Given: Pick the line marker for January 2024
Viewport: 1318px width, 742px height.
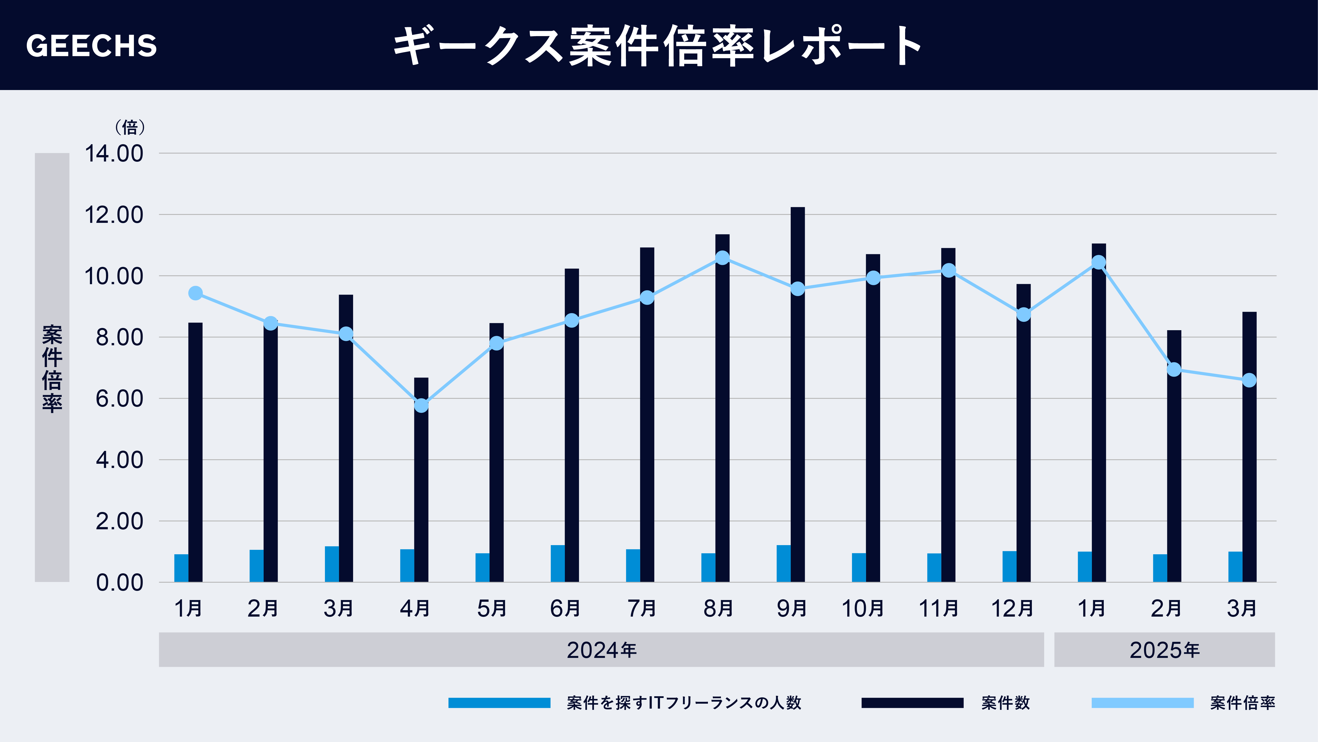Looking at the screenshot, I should [x=195, y=293].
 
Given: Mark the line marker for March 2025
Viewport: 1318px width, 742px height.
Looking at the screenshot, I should [x=1249, y=380].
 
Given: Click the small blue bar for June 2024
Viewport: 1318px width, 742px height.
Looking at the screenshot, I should [x=558, y=563].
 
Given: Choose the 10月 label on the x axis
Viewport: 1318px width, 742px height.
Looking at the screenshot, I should [x=863, y=608].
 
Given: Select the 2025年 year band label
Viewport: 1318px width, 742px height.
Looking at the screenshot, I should [x=1165, y=650].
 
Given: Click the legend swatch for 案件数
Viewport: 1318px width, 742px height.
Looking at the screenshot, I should [x=912, y=703].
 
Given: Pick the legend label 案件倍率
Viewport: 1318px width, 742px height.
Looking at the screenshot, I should [x=1242, y=703].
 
